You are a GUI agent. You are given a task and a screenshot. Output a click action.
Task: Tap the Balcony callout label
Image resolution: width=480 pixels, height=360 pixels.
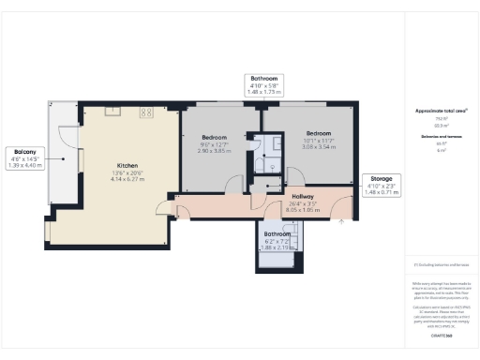[x=24, y=152]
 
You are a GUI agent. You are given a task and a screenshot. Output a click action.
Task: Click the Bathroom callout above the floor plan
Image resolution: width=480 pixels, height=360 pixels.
[x=263, y=79]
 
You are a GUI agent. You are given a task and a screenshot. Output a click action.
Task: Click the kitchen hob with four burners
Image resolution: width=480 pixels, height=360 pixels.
[x=147, y=112]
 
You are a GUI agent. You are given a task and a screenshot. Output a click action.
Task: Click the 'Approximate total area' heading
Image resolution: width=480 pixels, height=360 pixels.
[x=442, y=112]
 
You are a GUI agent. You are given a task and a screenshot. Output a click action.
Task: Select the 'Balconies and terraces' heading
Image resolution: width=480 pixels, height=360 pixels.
[x=442, y=137]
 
